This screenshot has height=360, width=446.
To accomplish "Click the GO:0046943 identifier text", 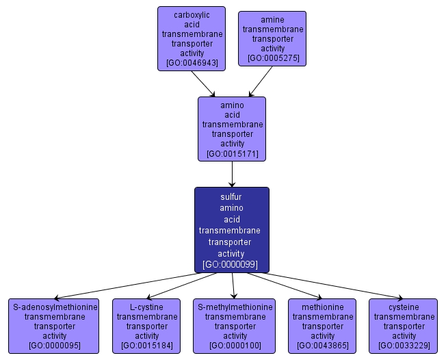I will point(192,63).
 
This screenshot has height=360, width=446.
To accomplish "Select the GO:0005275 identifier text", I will point(272,58).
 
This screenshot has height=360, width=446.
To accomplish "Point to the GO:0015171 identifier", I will point(232,154).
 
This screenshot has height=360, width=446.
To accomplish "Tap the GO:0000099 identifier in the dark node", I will point(231,263).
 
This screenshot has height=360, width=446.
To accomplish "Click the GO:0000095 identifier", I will point(54,346).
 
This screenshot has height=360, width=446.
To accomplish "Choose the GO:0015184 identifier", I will point(146,346).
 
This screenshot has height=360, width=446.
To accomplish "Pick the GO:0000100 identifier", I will point(235,346).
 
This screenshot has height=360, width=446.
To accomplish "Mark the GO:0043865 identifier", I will point(322,346).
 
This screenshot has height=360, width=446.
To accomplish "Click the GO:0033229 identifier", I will point(404,346).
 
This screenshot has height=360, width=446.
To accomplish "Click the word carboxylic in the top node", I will point(192,14).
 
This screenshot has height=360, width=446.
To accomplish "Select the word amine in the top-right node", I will point(272,20).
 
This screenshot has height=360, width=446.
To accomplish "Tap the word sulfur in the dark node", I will point(231,197).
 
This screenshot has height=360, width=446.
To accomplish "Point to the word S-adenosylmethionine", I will point(54,307).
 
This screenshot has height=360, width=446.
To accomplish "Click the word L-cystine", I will point(146,307).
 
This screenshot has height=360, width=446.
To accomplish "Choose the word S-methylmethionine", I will point(235,307).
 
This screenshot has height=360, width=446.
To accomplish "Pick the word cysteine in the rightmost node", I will point(404,307).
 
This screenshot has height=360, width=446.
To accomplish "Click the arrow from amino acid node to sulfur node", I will point(232,175).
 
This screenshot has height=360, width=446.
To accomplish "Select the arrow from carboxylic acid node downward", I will point(204,83).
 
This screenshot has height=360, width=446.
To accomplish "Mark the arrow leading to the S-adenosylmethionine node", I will point(137,285).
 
